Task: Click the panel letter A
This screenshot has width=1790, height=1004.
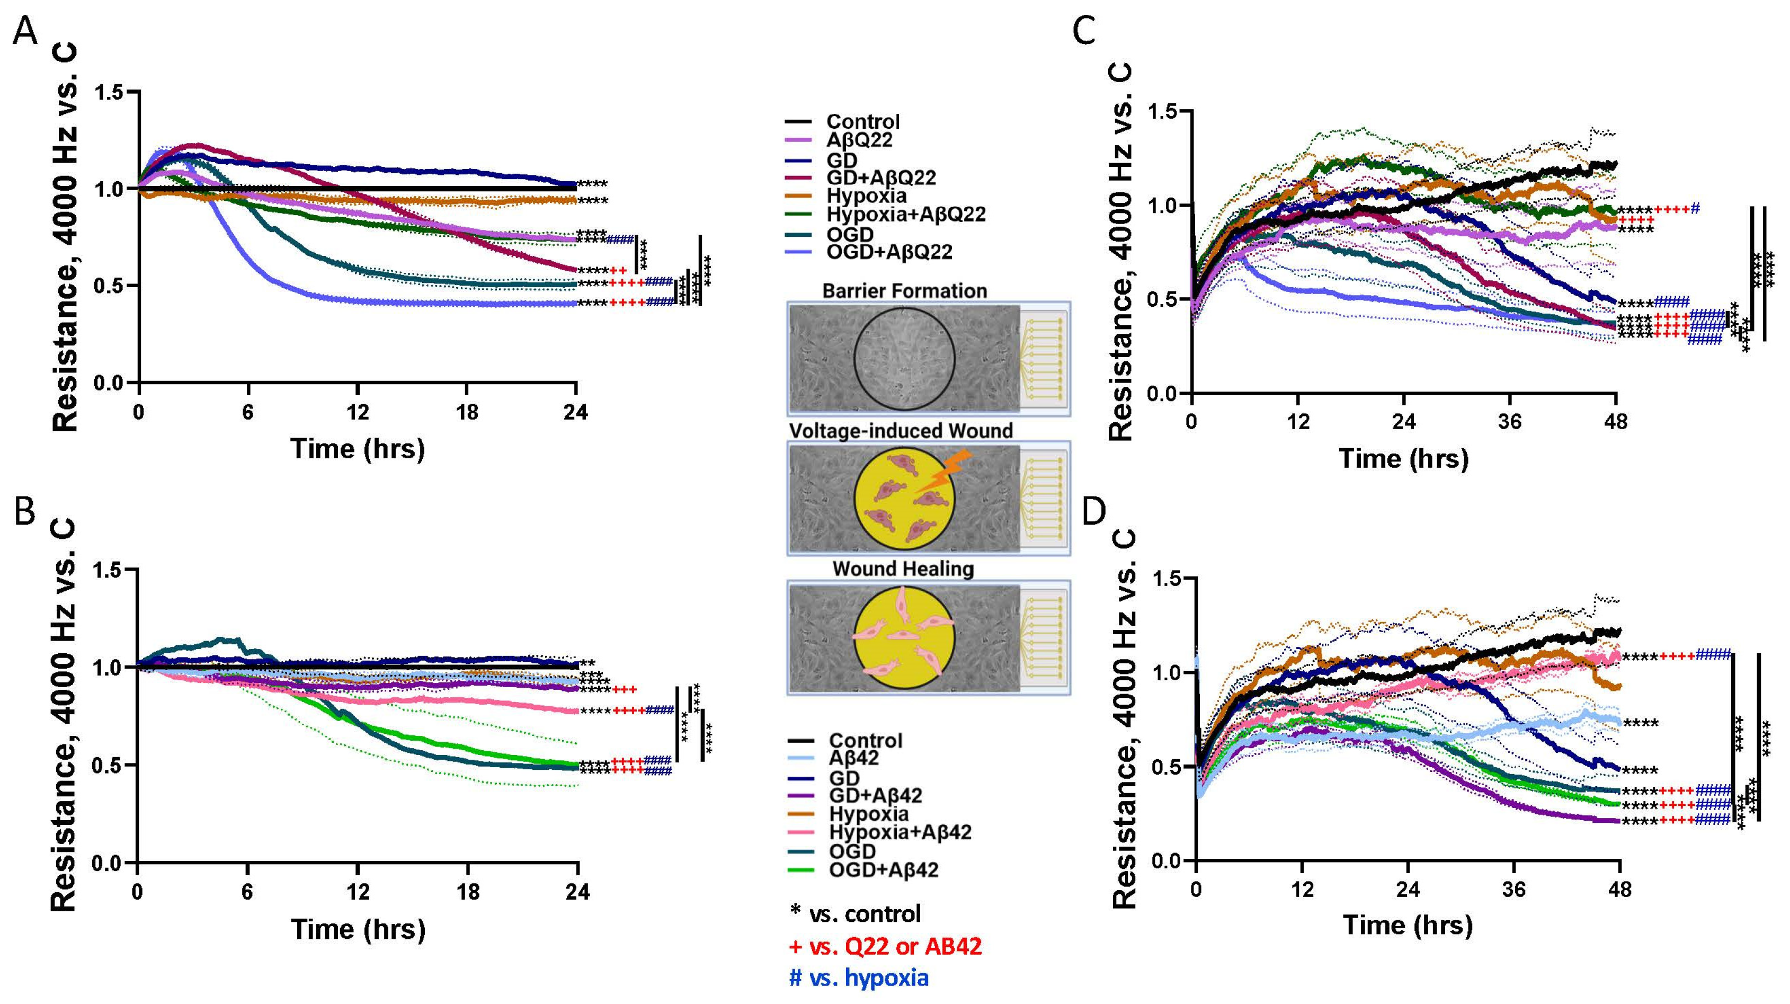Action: coord(26,32)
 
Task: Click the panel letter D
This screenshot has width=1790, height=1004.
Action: coord(1094,512)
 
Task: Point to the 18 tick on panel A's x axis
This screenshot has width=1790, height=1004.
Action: coord(467,413)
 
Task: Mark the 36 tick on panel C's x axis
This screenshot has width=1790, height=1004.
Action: coord(1510,422)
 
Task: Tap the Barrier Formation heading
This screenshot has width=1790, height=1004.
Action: coord(904,290)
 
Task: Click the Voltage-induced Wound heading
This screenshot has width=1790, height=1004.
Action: coord(901,431)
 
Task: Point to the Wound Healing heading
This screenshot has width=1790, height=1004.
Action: coord(903,569)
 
